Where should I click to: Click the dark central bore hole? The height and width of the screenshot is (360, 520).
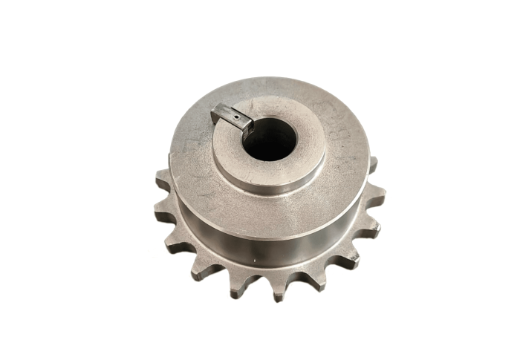270,138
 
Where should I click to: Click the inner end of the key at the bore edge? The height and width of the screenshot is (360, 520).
247,123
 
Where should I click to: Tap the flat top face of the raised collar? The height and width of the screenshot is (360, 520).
297,165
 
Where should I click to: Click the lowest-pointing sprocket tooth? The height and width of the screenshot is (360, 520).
278,292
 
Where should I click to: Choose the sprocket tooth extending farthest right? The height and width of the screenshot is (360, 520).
376,197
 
